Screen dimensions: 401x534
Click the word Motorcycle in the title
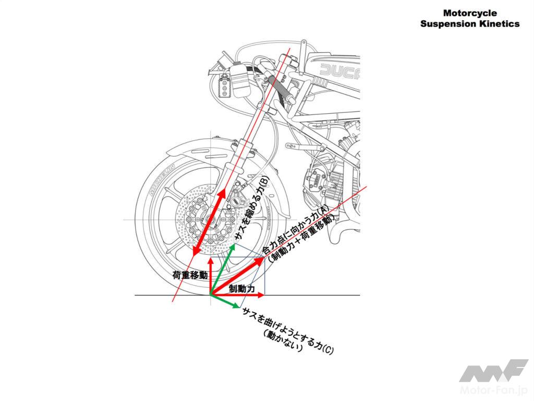coord(469,13)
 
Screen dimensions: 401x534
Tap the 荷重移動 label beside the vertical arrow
coord(190,275)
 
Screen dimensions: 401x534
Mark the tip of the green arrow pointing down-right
coord(241,306)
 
